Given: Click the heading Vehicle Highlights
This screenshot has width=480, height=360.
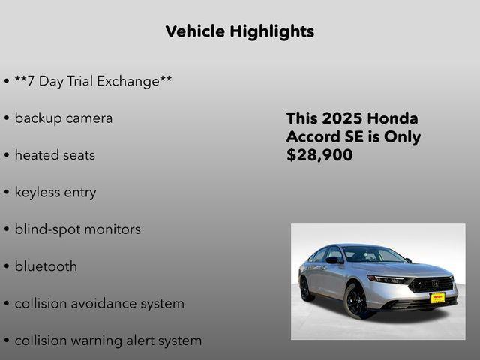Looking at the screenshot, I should [239, 31].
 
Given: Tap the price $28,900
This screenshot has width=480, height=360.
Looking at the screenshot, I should [319, 156].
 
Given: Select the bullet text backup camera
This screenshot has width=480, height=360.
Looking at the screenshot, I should [64, 118].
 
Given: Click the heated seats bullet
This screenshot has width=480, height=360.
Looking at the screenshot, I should [55, 155].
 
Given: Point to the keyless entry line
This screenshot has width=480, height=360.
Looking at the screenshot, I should [55, 193].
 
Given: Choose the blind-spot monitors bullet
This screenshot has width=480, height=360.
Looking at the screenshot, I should [77, 229].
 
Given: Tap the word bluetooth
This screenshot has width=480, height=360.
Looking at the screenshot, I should [46, 266].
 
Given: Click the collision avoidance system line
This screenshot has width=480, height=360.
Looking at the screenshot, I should [99, 304].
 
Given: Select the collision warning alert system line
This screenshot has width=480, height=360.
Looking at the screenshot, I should [108, 340].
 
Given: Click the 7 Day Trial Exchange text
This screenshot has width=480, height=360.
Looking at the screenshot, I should [93, 81].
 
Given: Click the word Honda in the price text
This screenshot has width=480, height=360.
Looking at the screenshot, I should [393, 118].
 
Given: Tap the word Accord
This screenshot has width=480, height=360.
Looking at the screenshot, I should [313, 137].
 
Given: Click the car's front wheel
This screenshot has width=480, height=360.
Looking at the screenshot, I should [356, 301].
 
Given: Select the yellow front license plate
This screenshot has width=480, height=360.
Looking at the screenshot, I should [437, 297].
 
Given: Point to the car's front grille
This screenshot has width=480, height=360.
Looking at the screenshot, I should [432, 285].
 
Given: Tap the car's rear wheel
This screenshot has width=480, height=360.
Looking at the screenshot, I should [307, 288].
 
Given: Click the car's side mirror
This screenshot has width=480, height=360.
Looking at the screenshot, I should [334, 260].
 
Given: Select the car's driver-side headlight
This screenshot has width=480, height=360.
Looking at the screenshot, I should [387, 279].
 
